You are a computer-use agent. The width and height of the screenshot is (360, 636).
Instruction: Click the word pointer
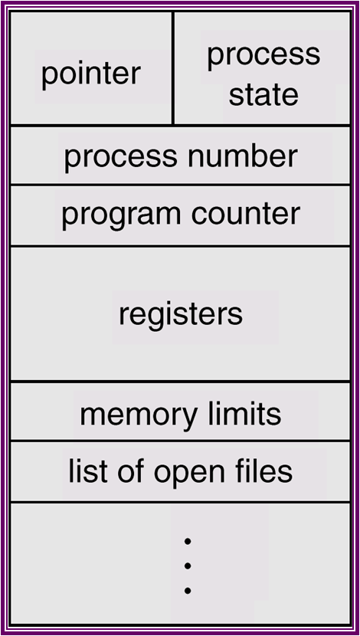pyautogui.click(x=90, y=74)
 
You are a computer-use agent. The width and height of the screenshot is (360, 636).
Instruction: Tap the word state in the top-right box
pyautogui.click(x=263, y=96)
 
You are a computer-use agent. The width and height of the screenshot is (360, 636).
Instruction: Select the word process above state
pyautogui.click(x=263, y=55)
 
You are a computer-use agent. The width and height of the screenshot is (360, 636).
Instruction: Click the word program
pyautogui.click(x=112, y=215)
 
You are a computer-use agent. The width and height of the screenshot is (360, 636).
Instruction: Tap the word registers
pyautogui.click(x=181, y=313)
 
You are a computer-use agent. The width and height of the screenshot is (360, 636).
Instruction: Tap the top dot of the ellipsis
pyautogui.click(x=187, y=541)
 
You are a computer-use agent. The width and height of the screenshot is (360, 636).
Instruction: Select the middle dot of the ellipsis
pyautogui.click(x=187, y=566)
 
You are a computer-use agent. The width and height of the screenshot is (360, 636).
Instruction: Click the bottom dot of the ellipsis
pyautogui.click(x=187, y=591)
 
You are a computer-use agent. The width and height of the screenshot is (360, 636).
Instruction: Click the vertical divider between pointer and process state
pyautogui.click(x=173, y=69)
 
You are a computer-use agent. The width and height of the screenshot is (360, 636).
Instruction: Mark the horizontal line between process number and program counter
pyautogui.click(x=180, y=185)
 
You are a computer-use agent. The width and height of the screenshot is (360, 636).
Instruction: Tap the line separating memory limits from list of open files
pyautogui.click(x=180, y=441)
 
